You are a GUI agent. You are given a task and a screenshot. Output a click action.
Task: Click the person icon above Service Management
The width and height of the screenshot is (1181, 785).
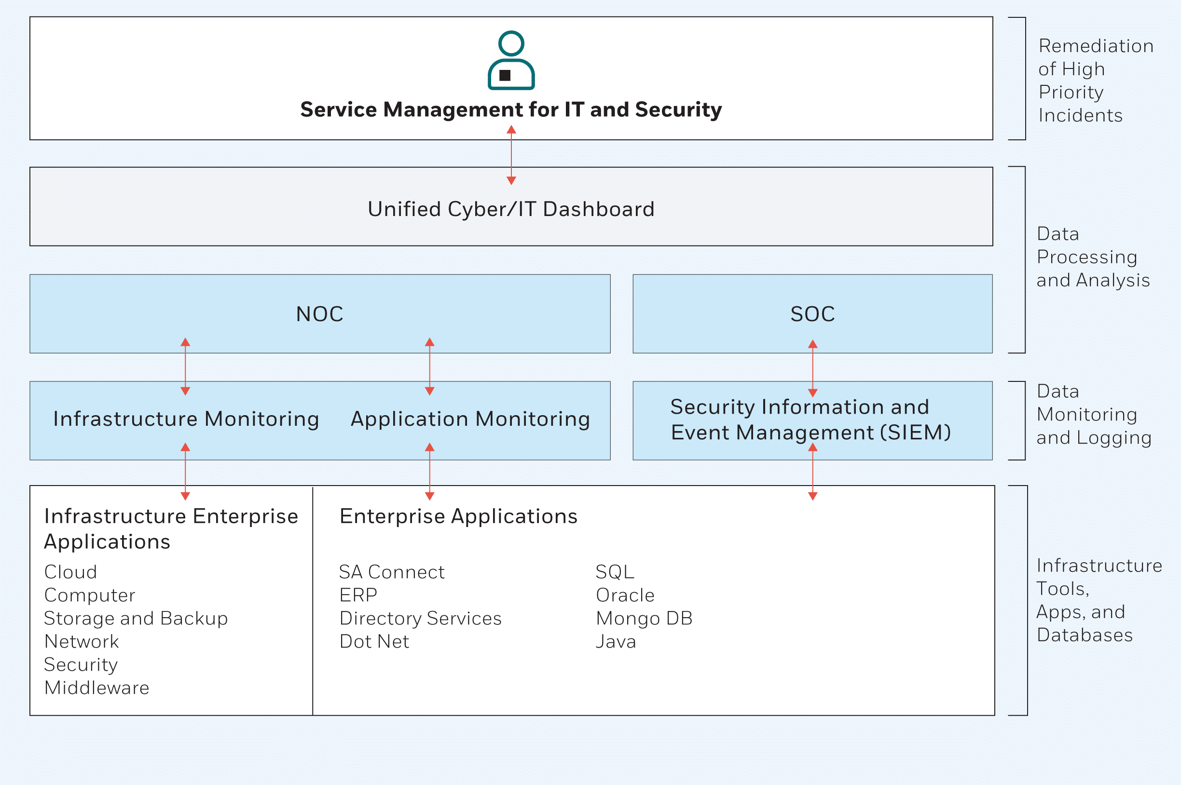(511, 61)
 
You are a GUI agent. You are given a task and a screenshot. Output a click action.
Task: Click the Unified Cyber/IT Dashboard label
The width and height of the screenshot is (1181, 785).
(511, 209)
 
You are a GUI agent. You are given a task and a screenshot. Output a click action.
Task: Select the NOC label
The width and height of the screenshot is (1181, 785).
(319, 314)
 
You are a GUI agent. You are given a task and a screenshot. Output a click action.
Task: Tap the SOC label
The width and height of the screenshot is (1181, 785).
(812, 314)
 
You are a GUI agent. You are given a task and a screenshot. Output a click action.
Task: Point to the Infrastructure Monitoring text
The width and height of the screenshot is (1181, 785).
(186, 419)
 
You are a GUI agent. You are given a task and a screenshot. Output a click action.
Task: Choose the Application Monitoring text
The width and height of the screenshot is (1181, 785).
(470, 419)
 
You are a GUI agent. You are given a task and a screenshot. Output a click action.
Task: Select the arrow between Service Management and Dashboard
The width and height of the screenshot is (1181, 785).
(511, 155)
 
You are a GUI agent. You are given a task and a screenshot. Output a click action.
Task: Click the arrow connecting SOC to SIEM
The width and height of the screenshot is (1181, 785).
(812, 368)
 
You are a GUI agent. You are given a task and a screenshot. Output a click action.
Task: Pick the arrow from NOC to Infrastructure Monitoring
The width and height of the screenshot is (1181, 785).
(185, 366)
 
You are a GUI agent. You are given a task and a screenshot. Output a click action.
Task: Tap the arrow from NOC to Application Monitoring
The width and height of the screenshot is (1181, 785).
(429, 366)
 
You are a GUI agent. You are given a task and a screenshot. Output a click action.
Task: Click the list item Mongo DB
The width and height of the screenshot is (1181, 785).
(644, 618)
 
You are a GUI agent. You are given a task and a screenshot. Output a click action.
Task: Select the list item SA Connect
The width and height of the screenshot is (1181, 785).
(392, 572)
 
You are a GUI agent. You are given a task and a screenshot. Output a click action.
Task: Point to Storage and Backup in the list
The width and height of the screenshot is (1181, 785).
(136, 618)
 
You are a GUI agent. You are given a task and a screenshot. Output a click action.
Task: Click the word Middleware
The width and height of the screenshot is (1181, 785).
(96, 688)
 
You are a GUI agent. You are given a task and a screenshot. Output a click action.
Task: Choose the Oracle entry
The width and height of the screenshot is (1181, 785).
(625, 595)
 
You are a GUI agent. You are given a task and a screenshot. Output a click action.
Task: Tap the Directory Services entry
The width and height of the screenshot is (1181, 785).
(420, 618)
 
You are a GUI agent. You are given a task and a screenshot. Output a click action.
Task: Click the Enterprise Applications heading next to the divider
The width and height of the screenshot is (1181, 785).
(458, 516)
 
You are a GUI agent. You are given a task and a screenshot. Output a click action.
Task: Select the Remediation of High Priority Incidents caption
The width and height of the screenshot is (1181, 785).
(1095, 80)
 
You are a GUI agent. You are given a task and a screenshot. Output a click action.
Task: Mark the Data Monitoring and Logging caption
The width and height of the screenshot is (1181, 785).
(1094, 414)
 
